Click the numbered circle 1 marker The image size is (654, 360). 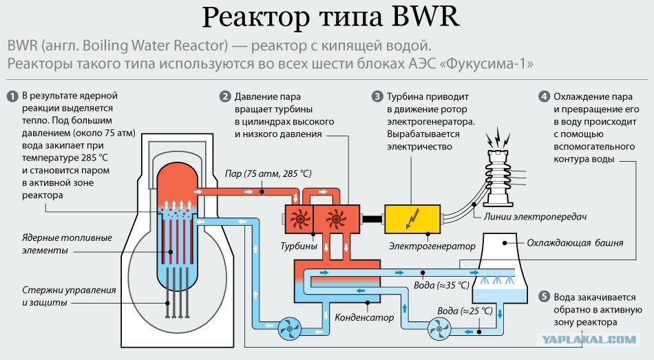12,96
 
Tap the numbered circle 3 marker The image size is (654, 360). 377,97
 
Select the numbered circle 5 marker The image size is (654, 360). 544,297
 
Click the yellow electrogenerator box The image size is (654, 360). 412,219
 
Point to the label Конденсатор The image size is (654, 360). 364,317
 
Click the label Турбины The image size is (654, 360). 299,246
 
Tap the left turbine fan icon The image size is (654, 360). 299,219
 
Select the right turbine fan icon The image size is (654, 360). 336,219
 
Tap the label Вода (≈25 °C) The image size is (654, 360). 465,311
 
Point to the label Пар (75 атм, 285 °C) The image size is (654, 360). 268,173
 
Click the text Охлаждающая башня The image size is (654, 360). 575,243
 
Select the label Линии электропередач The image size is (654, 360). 535,217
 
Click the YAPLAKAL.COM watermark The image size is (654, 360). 589,339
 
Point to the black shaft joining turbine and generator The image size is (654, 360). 372,219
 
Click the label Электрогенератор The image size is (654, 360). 432,246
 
